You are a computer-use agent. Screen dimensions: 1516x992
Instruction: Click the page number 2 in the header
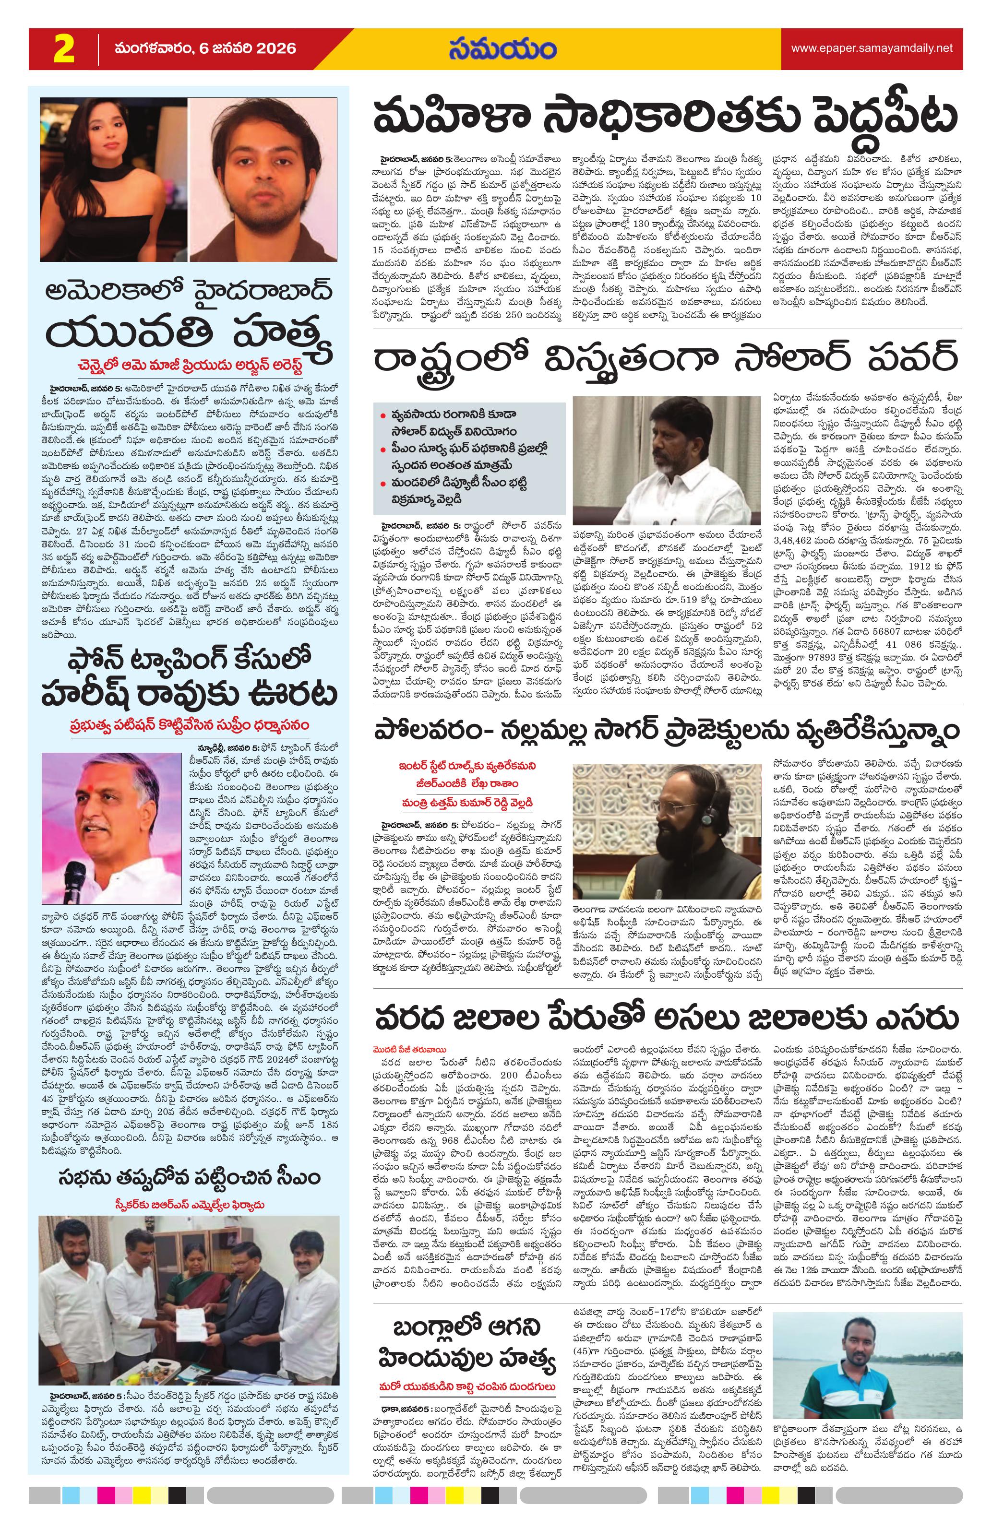(x=64, y=49)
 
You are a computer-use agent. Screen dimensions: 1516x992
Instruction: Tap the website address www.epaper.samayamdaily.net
(x=872, y=48)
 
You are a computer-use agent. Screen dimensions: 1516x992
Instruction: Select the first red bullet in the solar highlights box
(x=382, y=416)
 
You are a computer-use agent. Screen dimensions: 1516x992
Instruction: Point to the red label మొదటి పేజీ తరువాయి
(x=410, y=1049)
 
